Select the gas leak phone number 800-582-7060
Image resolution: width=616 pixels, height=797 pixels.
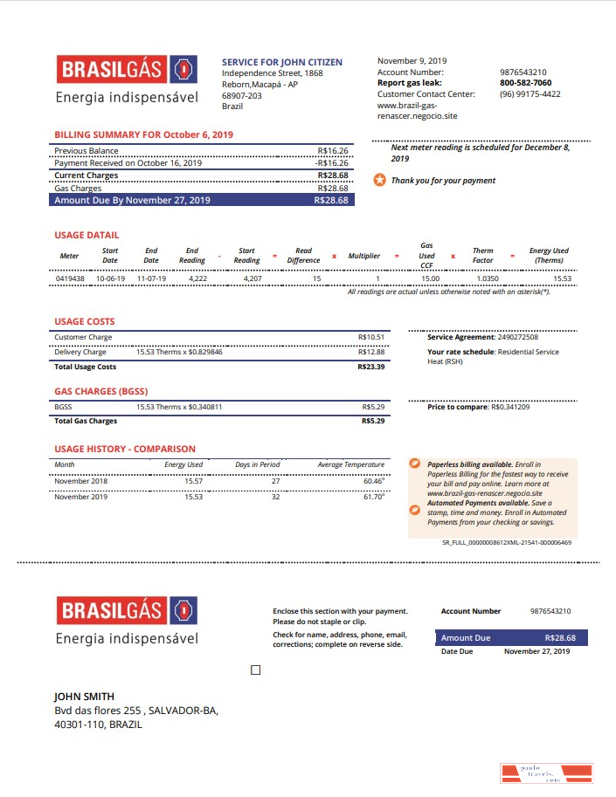pyautogui.click(x=525, y=83)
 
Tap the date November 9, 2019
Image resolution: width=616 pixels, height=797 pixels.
pyautogui.click(x=411, y=61)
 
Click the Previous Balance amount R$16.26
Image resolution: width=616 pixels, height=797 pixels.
pyautogui.click(x=333, y=151)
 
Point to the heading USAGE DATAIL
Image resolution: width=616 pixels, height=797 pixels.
pyautogui.click(x=87, y=235)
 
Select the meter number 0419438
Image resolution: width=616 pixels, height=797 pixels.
pyautogui.click(x=70, y=278)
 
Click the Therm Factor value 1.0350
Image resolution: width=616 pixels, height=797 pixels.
pyautogui.click(x=488, y=278)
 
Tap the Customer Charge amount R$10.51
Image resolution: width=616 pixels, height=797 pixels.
pyautogui.click(x=370, y=337)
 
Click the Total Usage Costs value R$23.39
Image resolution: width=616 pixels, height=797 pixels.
pyautogui.click(x=370, y=367)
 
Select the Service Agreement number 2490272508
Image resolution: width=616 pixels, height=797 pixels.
pyautogui.click(x=517, y=337)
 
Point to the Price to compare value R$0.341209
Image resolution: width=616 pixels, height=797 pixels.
pyautogui.click(x=510, y=407)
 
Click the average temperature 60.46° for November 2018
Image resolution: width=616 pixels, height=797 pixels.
pyautogui.click(x=373, y=481)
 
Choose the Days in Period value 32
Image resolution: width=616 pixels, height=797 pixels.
pyautogui.click(x=275, y=497)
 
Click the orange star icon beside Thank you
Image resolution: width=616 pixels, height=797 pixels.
pyautogui.click(x=379, y=181)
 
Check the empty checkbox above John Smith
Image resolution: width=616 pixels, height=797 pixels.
pyautogui.click(x=255, y=670)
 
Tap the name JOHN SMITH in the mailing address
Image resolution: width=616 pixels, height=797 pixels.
pyautogui.click(x=84, y=697)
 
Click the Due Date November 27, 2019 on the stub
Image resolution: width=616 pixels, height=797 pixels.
pyautogui.click(x=536, y=651)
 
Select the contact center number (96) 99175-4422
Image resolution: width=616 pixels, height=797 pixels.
pyautogui.click(x=529, y=94)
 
